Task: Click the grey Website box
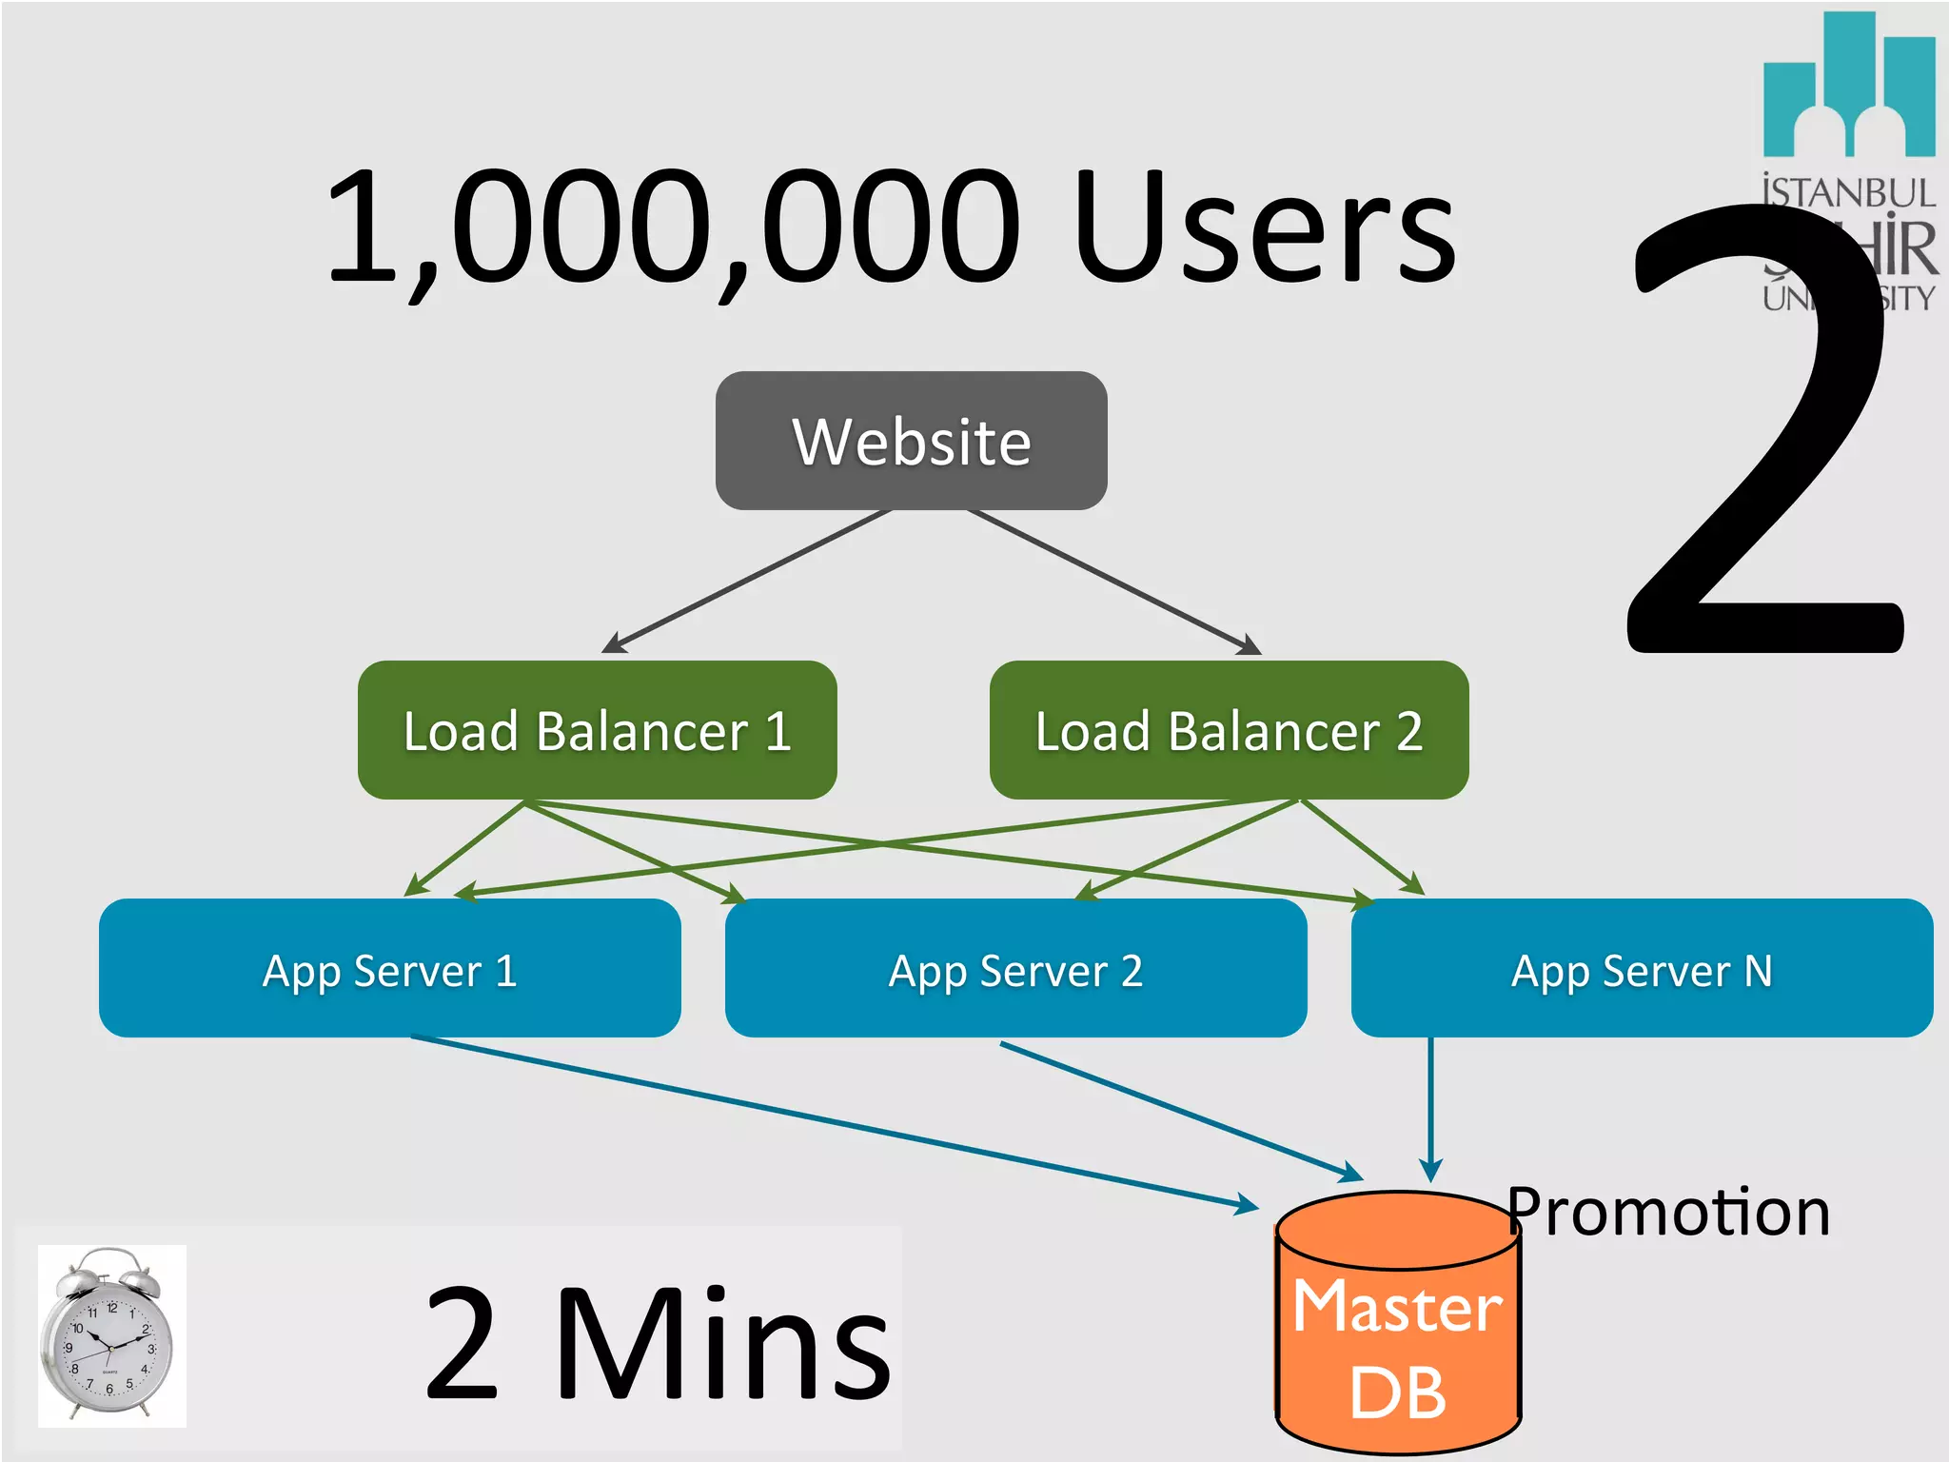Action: coord(911,441)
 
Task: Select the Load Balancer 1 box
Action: coord(597,730)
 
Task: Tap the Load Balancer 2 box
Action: coord(1228,730)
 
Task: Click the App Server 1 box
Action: coord(389,968)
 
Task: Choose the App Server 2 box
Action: coord(1015,968)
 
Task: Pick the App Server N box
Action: coord(1642,968)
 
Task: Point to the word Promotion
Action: coord(1668,1213)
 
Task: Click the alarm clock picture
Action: coord(110,1335)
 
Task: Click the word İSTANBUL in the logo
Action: coord(1848,193)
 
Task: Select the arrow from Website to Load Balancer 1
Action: coord(747,581)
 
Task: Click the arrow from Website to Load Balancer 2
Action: coord(1113,581)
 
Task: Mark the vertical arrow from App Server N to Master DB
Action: coord(1430,1109)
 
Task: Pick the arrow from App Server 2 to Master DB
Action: coord(1180,1111)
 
